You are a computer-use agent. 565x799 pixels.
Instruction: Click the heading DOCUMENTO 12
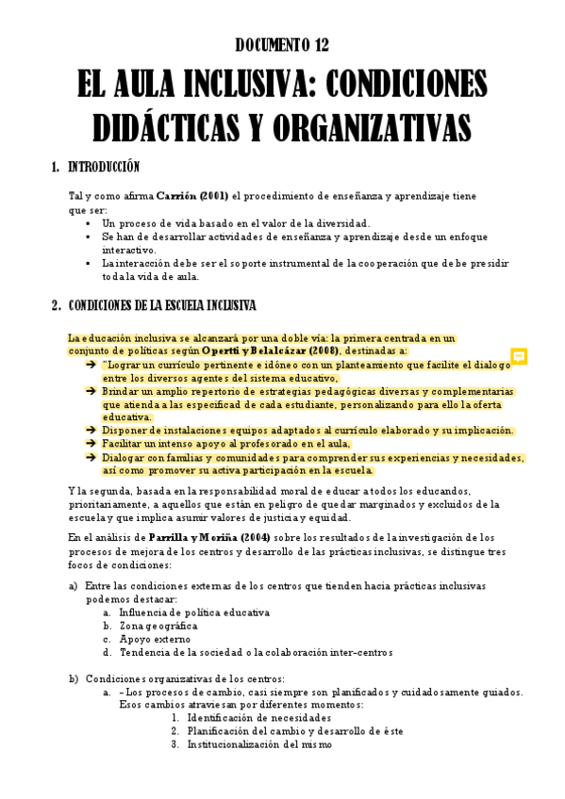point(282,44)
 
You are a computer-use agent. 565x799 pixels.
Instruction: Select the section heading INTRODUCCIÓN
point(104,168)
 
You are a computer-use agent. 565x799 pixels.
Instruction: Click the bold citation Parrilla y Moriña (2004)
point(216,537)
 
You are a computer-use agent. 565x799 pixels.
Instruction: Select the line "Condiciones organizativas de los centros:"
point(185,677)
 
